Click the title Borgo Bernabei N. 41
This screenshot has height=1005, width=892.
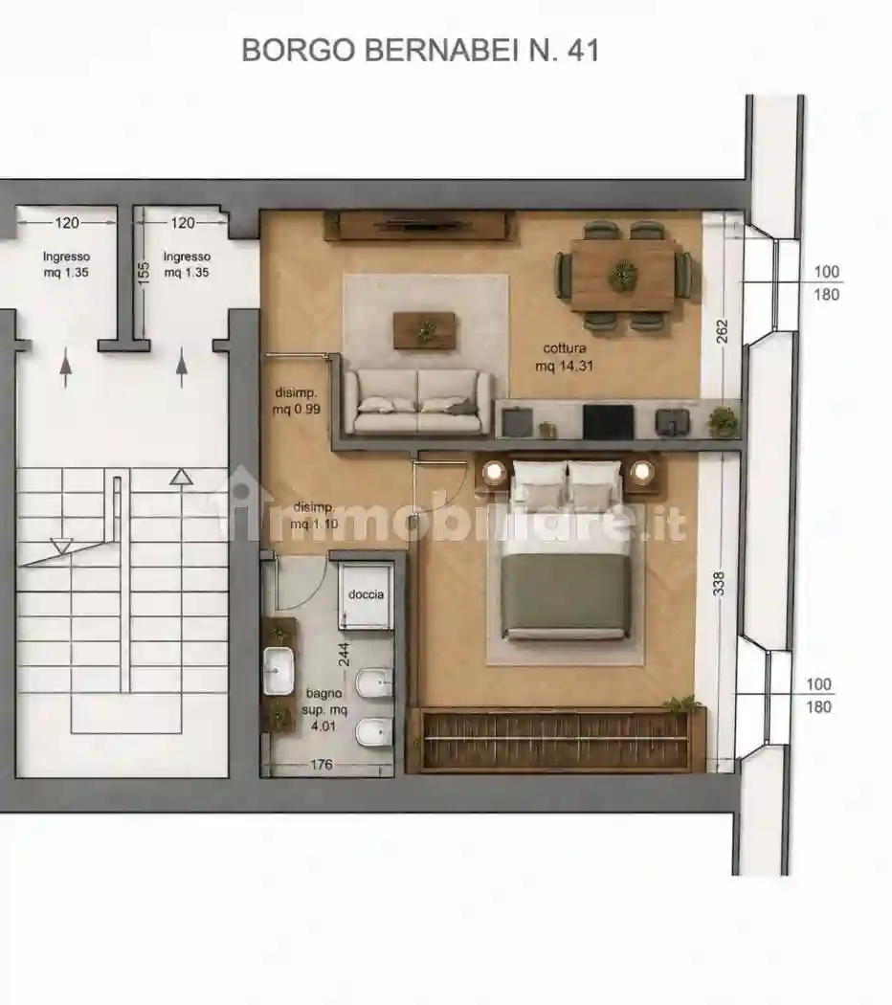pyautogui.click(x=420, y=50)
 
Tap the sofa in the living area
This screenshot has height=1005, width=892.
pyautogui.click(x=418, y=401)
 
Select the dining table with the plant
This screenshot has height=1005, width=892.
pyautogui.click(x=623, y=276)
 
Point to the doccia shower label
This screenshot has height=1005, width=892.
pyautogui.click(x=366, y=594)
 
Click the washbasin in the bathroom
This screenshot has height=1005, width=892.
pyautogui.click(x=279, y=670)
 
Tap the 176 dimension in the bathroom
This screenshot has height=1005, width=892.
pyautogui.click(x=321, y=765)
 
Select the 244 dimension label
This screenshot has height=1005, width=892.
pyautogui.click(x=345, y=655)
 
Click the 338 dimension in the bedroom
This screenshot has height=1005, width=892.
pyautogui.click(x=719, y=584)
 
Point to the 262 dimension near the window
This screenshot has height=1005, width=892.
pyautogui.click(x=723, y=331)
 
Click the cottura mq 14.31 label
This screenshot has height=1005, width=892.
pyautogui.click(x=565, y=357)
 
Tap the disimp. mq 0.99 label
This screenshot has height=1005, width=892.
pyautogui.click(x=296, y=401)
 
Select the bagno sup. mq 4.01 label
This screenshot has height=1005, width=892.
pyautogui.click(x=324, y=709)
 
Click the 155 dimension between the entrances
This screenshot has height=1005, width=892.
pyautogui.click(x=145, y=273)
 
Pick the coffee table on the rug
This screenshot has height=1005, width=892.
pyautogui.click(x=424, y=331)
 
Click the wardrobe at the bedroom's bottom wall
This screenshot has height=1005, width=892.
pyautogui.click(x=555, y=740)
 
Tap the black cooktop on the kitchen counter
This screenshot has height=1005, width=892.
pyautogui.click(x=608, y=421)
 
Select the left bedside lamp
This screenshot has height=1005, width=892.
pyautogui.click(x=494, y=473)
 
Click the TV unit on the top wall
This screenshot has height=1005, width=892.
pyautogui.click(x=420, y=225)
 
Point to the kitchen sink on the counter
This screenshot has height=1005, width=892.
pyautogui.click(x=672, y=421)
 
